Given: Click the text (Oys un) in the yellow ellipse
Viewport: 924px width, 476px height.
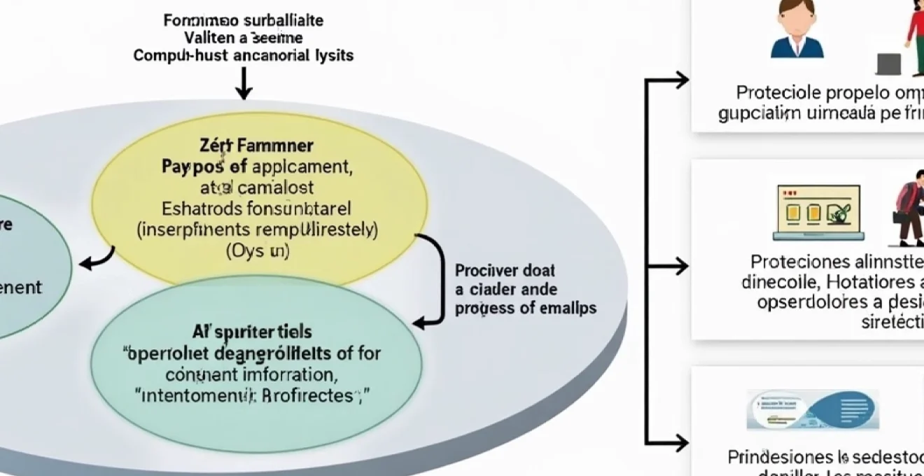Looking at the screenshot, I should (258, 251).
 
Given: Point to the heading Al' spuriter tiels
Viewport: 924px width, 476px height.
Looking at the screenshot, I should (252, 331).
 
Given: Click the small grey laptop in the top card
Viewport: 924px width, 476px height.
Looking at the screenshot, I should (888, 64).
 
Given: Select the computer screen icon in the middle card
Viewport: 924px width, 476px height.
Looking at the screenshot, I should (818, 210).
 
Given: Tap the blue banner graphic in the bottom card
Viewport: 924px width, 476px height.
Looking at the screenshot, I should (812, 409).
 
